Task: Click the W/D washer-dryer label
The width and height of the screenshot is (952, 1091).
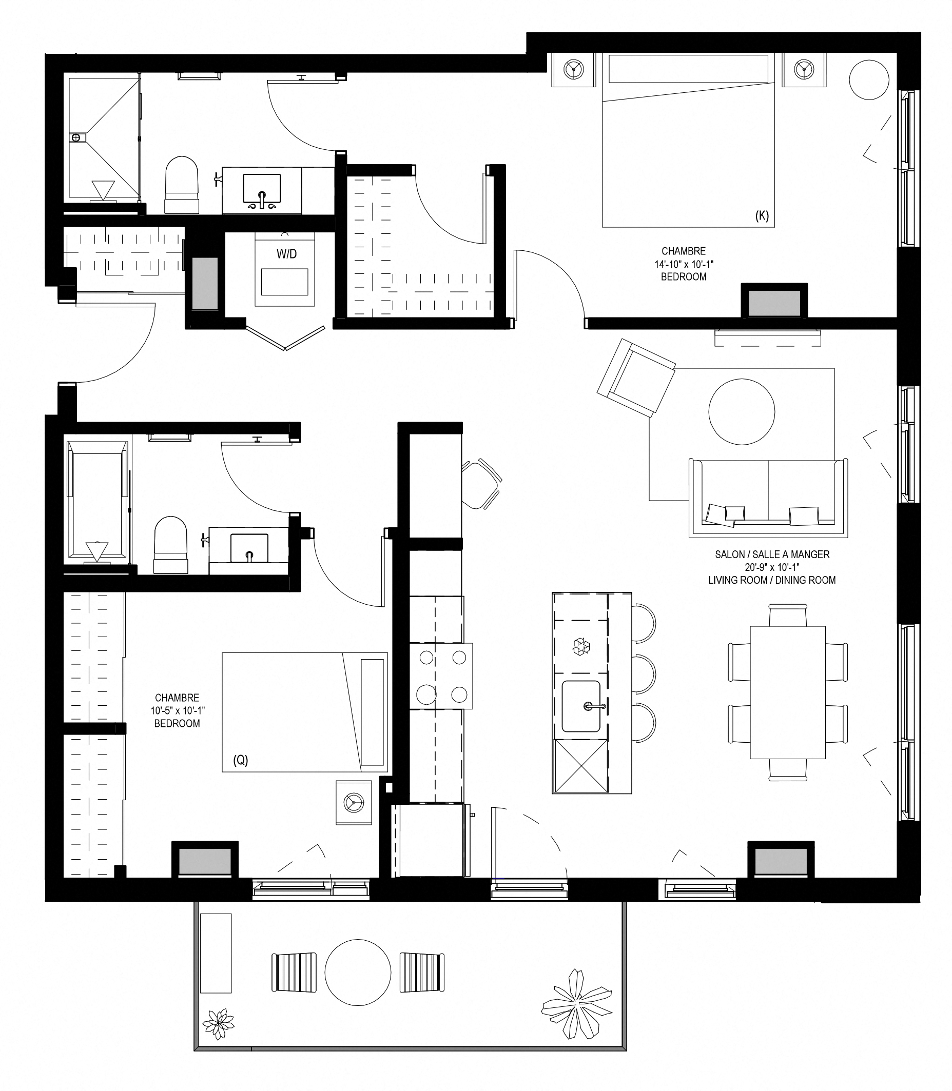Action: [x=286, y=254]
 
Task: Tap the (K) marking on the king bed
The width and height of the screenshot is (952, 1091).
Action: [x=762, y=215]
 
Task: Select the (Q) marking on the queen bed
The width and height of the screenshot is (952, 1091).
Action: [x=241, y=760]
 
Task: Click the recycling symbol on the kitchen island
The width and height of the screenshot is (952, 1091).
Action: [x=580, y=646]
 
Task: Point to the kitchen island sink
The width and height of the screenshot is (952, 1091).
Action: [x=580, y=706]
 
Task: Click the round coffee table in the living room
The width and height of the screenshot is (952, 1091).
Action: [x=742, y=411]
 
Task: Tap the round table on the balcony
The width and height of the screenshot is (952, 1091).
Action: [x=358, y=973]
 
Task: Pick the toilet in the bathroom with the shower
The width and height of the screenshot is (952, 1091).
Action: [x=182, y=185]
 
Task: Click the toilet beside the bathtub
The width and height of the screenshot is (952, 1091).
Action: [x=171, y=545]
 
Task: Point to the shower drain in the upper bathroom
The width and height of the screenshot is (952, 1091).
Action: [x=76, y=137]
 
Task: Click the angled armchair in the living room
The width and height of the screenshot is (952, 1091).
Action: [x=636, y=378]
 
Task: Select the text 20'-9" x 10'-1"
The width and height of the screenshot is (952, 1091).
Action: [x=772, y=567]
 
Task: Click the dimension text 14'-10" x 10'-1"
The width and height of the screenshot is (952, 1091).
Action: [x=684, y=264]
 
